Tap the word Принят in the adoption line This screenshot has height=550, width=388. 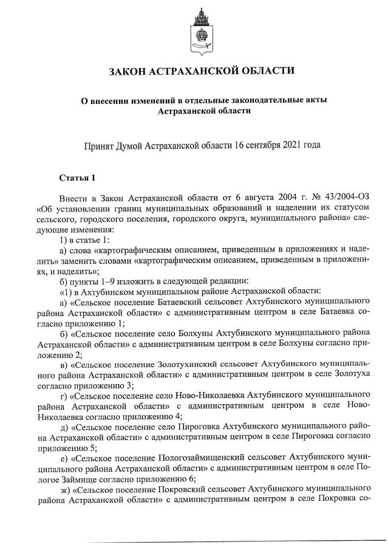pos(101,146)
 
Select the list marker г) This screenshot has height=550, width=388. pos(63,396)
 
